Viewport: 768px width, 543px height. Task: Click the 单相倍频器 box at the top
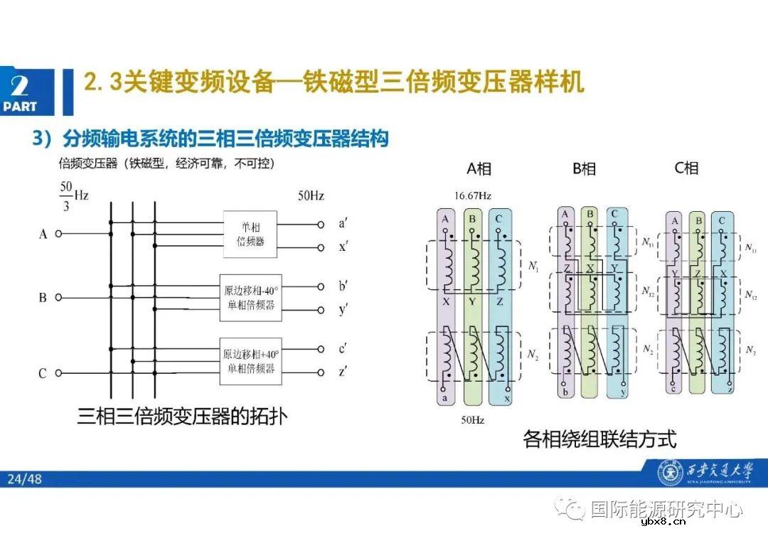(x=250, y=235)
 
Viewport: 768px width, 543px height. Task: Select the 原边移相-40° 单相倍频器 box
(x=250, y=297)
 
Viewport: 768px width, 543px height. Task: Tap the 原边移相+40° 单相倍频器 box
(x=250, y=360)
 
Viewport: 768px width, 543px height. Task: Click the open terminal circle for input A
(x=58, y=233)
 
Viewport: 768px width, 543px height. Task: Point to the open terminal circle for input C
(x=58, y=372)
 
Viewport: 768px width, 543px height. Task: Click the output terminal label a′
(x=343, y=223)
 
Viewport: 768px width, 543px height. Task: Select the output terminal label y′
(x=343, y=310)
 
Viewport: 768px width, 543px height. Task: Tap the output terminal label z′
(x=343, y=372)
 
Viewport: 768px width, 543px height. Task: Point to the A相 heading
(x=479, y=168)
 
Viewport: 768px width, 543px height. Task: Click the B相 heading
(x=584, y=168)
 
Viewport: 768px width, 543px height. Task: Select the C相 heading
(x=686, y=168)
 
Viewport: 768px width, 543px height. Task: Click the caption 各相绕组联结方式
(x=599, y=439)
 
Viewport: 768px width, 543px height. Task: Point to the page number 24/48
(x=25, y=479)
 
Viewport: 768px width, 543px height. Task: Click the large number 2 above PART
(x=20, y=87)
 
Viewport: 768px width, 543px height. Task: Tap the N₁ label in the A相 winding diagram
(x=533, y=266)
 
